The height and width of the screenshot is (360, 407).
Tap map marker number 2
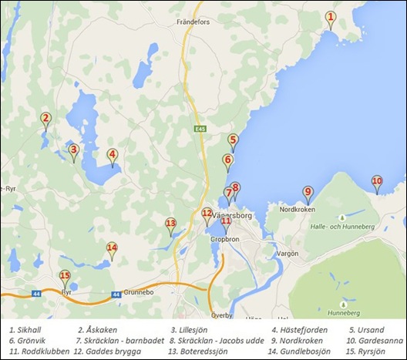[x=45, y=120]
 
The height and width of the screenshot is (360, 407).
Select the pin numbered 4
[x=112, y=156]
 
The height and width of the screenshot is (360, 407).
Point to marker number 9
[x=308, y=193]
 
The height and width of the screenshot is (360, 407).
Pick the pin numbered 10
[x=377, y=183]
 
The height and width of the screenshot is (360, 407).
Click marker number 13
[x=170, y=224]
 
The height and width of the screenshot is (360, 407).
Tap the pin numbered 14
[x=112, y=249]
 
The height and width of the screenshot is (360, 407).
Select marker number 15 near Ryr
[x=65, y=277]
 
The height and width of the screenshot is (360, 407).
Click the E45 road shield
[x=200, y=130]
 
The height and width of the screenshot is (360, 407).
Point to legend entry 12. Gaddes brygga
[x=103, y=351]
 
